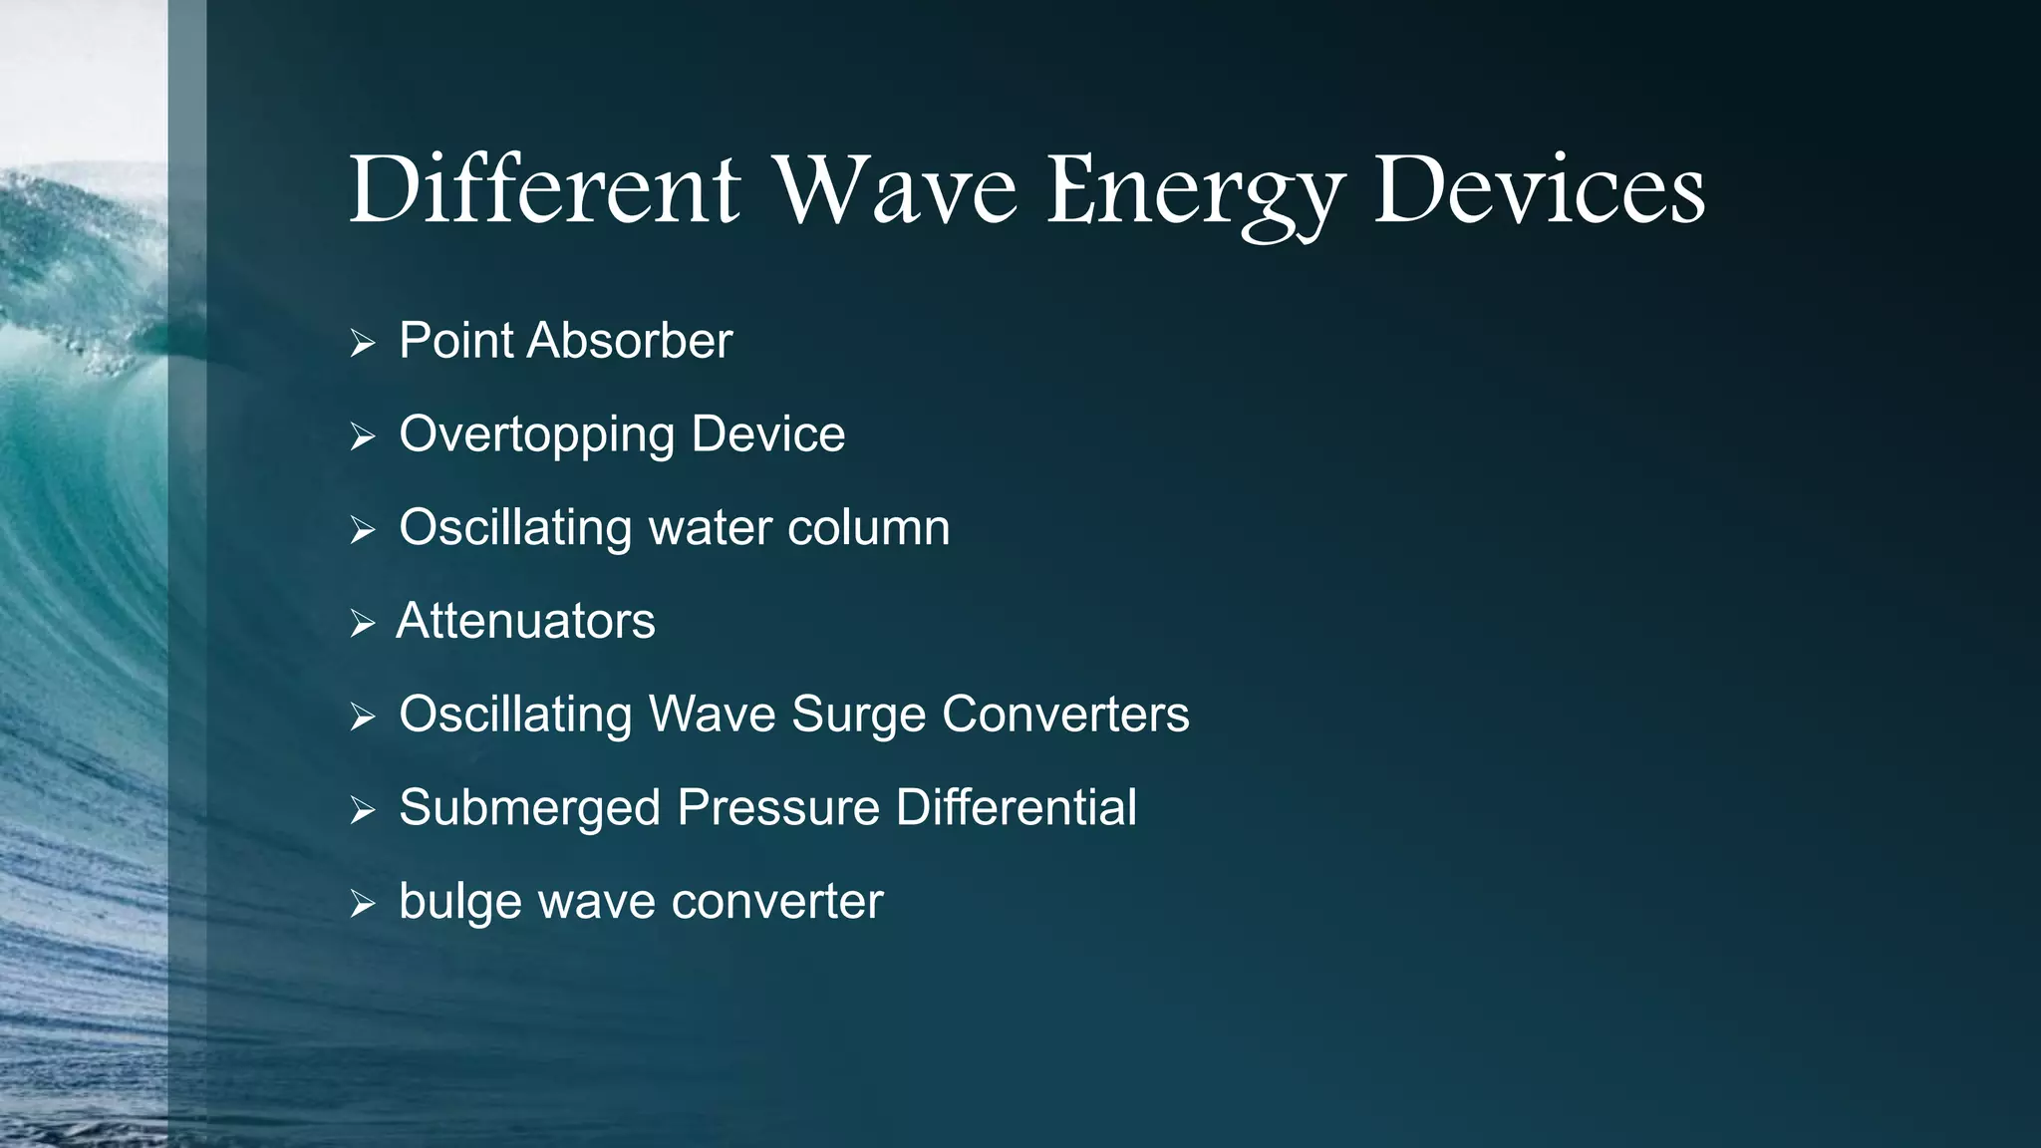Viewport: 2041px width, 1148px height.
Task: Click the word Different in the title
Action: pos(544,189)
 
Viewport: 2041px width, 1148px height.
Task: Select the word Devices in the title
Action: pos(1540,189)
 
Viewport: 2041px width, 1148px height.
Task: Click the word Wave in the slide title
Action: pos(896,189)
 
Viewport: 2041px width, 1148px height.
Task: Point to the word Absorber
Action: pos(630,341)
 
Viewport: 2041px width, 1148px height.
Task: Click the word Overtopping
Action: pos(536,435)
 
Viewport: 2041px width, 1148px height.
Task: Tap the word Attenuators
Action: pos(526,621)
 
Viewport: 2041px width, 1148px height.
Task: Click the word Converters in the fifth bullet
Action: pos(1065,715)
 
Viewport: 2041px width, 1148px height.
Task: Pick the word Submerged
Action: pos(529,807)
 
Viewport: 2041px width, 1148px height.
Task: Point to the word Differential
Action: pos(1016,807)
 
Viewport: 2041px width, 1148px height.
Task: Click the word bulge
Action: pos(460,903)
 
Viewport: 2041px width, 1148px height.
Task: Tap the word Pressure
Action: pos(778,807)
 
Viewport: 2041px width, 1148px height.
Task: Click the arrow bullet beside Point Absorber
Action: pos(363,344)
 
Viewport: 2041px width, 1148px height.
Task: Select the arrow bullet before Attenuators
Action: pos(363,624)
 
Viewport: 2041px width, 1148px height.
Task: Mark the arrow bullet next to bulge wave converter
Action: pos(363,904)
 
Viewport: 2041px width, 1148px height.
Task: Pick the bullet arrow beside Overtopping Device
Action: pos(363,436)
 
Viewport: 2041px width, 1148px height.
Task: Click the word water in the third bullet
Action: pos(710,527)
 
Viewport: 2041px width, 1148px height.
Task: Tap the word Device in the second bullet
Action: pos(767,434)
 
